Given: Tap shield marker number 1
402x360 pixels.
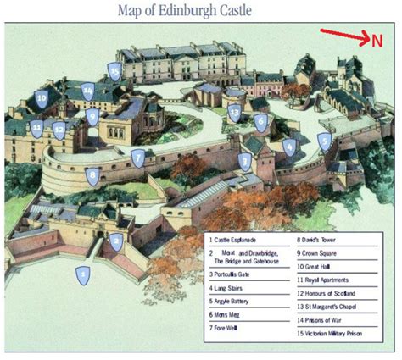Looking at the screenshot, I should point(82,274).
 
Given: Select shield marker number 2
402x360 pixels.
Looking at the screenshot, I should point(116,241).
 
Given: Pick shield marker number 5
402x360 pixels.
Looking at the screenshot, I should point(324,141).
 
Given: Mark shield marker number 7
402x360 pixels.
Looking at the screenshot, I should point(137,157).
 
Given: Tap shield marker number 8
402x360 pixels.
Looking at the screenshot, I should point(92,176).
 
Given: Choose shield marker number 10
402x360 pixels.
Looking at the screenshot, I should point(41,98).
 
